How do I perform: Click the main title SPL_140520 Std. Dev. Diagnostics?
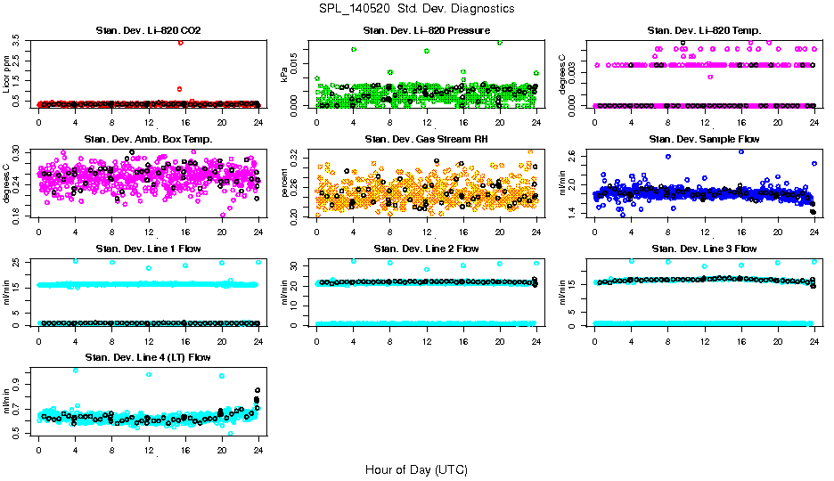[416, 9]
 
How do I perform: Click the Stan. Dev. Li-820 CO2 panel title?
[148, 30]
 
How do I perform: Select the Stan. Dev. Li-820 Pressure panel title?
[426, 30]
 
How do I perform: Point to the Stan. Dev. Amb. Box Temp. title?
[148, 139]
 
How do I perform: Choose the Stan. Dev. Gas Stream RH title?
[426, 139]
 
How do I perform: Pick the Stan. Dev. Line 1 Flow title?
[148, 249]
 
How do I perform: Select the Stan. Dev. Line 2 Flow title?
[426, 249]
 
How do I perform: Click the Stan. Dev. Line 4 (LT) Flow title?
[148, 357]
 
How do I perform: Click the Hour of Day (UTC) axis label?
[416, 469]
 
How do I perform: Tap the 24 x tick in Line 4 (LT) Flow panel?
[258, 450]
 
